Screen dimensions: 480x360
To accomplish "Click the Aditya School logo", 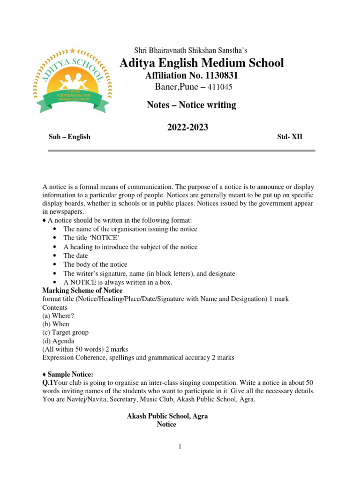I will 72,80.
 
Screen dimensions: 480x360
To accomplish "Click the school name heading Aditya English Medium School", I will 202,63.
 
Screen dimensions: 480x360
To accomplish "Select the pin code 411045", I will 217,87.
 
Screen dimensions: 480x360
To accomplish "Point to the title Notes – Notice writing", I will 192,105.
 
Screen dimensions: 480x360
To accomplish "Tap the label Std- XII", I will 290,137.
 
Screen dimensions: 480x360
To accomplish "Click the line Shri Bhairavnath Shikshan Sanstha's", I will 191,50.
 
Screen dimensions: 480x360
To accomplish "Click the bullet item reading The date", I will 75,255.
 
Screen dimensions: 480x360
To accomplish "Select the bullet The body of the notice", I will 95,264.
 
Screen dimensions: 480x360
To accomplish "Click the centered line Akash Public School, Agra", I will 167,416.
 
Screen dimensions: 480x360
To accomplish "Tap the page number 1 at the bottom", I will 180,447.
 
